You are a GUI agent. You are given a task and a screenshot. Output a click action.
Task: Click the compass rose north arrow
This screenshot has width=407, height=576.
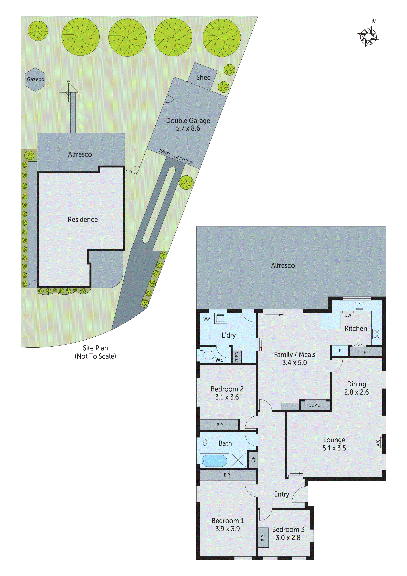368,37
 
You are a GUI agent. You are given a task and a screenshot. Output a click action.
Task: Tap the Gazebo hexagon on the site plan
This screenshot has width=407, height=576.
35,79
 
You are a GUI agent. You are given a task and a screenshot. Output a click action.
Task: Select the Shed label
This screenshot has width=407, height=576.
203,78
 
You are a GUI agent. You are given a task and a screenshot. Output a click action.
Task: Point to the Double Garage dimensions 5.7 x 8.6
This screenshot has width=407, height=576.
188,128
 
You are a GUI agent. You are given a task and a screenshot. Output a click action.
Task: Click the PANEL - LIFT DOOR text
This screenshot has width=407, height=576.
176,157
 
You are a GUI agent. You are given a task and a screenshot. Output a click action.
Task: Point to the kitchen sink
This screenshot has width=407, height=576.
359,306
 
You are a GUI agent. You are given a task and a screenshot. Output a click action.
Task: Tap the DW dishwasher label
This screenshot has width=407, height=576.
348,316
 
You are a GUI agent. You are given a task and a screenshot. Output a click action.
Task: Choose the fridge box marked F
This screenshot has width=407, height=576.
340,351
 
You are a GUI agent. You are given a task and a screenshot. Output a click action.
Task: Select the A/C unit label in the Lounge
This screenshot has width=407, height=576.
378,442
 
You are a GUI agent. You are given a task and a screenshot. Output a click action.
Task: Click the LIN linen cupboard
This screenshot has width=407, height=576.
253,459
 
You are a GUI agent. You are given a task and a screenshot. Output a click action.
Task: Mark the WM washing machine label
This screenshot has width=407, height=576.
207,319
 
